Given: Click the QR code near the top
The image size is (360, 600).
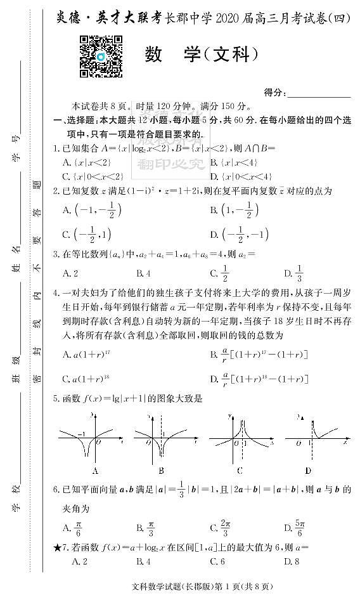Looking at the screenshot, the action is [x=100, y=56].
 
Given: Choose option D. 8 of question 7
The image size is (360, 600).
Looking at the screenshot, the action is [x=292, y=561].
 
